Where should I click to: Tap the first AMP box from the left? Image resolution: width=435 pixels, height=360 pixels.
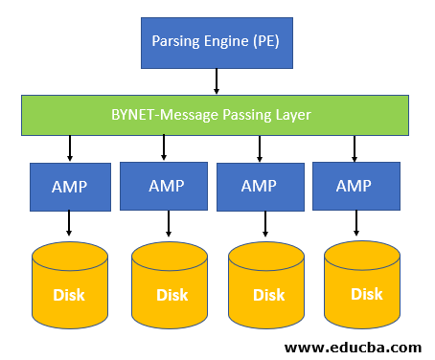(x=69, y=186)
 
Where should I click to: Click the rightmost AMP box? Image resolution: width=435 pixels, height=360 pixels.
(x=355, y=186)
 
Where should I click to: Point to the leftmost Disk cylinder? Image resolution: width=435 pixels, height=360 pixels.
(x=69, y=284)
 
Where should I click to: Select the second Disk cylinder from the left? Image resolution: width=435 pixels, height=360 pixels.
(x=170, y=284)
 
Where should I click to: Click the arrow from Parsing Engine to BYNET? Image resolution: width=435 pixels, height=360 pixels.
(x=217, y=83)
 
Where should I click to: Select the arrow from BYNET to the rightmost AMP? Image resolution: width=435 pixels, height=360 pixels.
(x=355, y=148)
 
